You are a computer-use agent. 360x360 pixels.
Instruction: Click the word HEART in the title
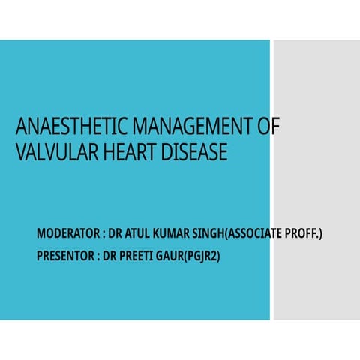coord(125,153)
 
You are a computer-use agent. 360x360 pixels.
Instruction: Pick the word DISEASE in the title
coord(192,153)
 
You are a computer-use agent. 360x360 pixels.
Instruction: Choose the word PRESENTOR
coord(65,256)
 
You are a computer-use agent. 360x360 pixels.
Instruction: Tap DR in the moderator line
coord(116,235)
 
